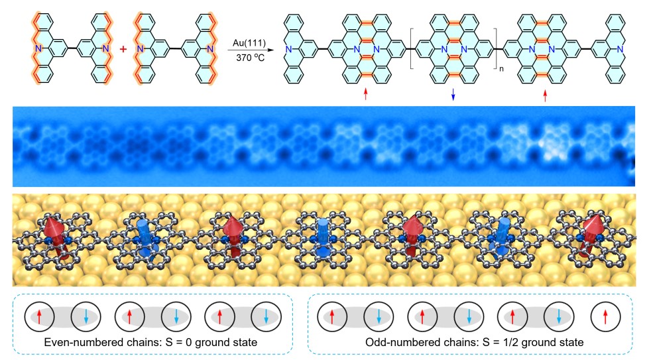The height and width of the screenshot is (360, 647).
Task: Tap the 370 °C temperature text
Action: click(x=249, y=58)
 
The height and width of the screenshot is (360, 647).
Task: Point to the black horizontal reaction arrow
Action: click(x=249, y=50)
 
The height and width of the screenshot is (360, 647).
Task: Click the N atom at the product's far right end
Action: click(x=618, y=49)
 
